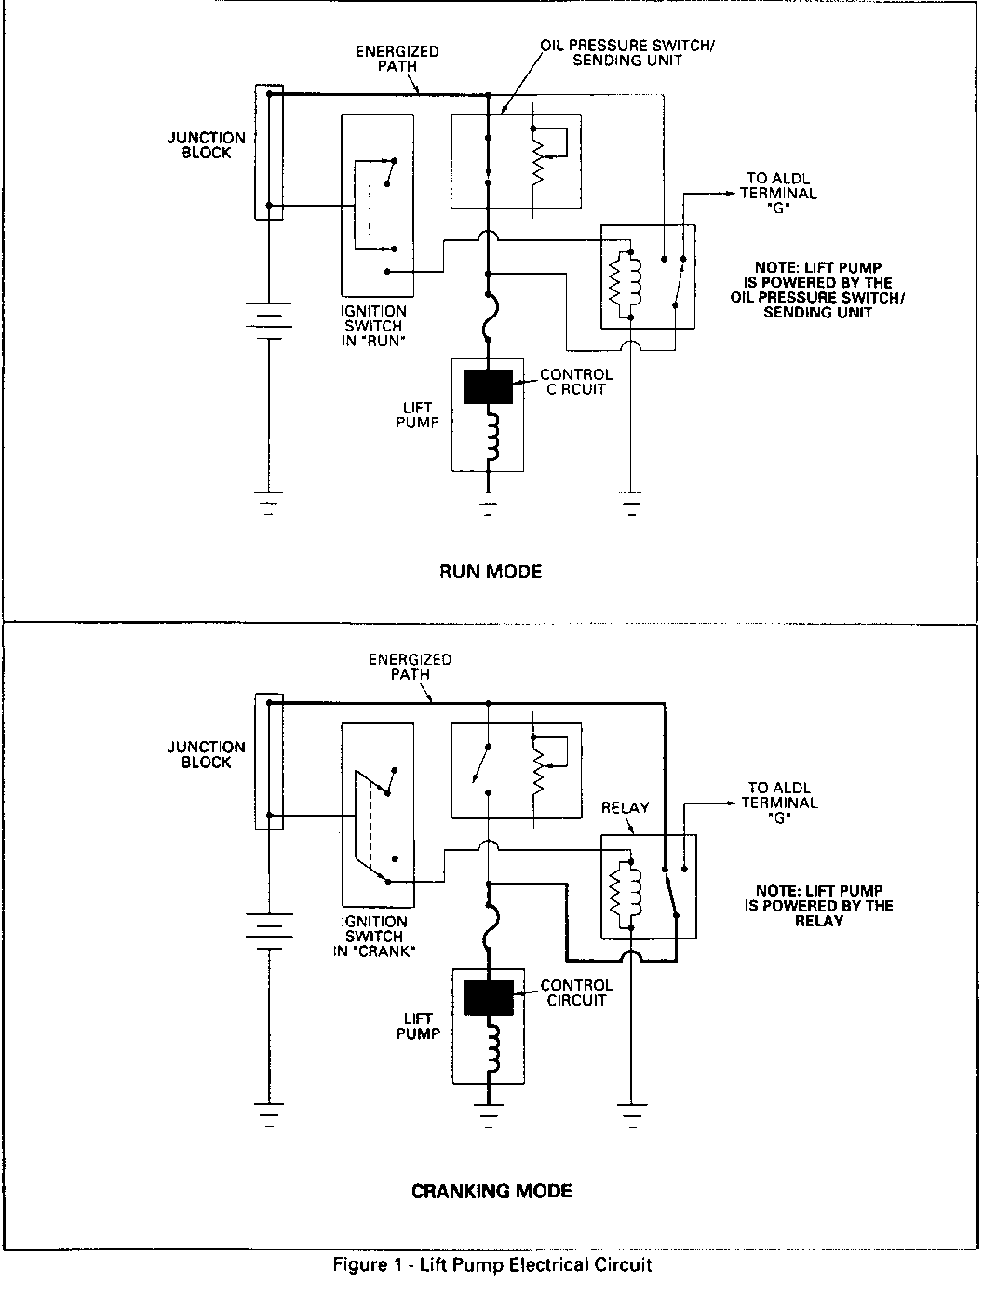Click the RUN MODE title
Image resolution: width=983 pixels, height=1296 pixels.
pos(490,572)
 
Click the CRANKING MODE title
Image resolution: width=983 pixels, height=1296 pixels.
pos(491,1191)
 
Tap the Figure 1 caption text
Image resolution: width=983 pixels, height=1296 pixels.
pos(492,1265)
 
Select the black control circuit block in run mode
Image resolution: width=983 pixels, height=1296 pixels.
pos(488,386)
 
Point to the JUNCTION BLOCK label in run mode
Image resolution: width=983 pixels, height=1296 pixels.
pos(207,145)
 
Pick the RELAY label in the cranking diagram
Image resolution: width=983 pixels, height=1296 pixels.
pos(625,807)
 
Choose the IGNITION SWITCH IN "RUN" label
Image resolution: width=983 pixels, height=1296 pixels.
pos(373,326)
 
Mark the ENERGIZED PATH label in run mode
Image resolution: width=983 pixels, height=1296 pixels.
pos(397,59)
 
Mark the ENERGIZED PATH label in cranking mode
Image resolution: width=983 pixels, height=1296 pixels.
pos(410,667)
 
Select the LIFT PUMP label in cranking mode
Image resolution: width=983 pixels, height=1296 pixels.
pos(418,1025)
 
